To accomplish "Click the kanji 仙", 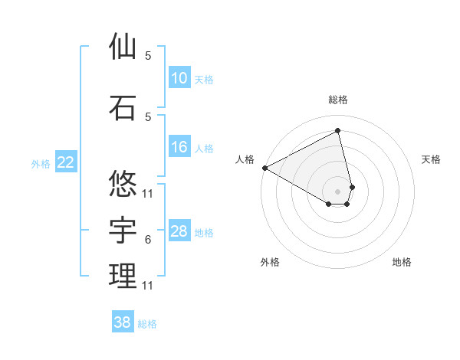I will (x=123, y=47).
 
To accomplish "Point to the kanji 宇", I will (x=123, y=229).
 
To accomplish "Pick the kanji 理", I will (x=123, y=276).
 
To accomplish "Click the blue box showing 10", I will (x=179, y=78).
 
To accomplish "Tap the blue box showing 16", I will (x=179, y=148).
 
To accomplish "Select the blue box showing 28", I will (x=179, y=231).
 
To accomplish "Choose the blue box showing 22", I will (x=66, y=162).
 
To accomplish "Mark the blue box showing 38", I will (x=123, y=322).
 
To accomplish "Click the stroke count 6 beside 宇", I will (x=148, y=240).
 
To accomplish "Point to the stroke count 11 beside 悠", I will (x=148, y=193).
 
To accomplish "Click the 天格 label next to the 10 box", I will (x=204, y=79).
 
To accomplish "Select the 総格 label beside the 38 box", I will (x=147, y=324).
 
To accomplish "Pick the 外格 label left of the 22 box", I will (x=41, y=163).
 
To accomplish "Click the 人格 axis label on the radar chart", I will (x=245, y=159).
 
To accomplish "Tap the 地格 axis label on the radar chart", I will (x=402, y=262).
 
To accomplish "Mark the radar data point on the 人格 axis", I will (x=264, y=168).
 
